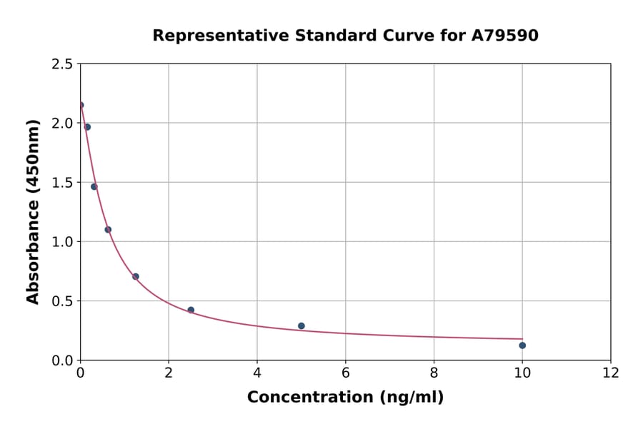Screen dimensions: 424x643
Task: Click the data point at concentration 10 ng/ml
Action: (522, 345)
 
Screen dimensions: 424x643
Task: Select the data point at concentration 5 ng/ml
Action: (301, 326)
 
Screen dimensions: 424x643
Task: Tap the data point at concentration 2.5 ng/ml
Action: (191, 310)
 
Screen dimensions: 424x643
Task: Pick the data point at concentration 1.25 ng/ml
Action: (136, 276)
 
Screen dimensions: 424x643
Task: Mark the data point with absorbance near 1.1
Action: (108, 229)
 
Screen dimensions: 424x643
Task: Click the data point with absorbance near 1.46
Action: (94, 187)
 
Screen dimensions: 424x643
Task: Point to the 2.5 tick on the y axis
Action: (62, 64)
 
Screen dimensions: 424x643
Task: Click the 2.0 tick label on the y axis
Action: (62, 123)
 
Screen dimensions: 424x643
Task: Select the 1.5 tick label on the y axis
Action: (62, 183)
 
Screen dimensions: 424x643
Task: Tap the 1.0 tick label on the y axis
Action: (62, 242)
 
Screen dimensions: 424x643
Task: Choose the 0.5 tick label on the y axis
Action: (62, 301)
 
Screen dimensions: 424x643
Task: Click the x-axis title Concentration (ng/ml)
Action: (345, 398)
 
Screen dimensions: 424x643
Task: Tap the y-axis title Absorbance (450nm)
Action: (34, 211)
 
